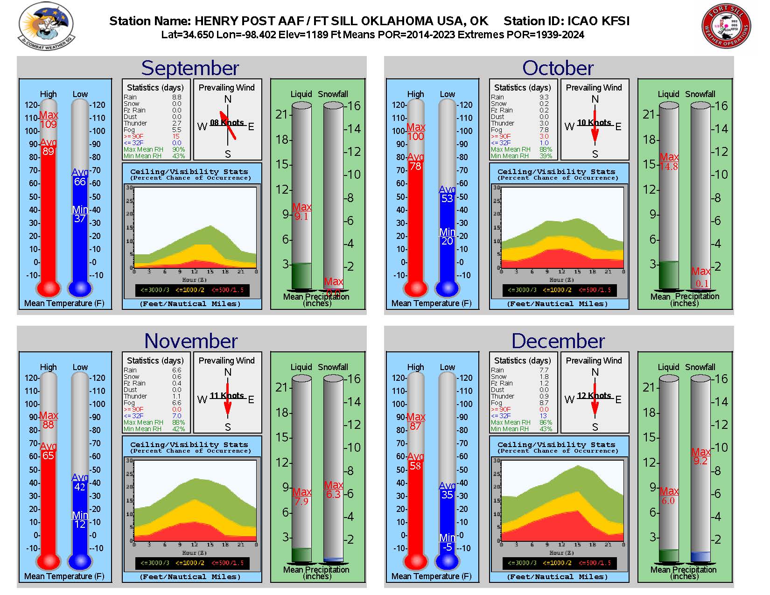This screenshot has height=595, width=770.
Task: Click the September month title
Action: pos(190,68)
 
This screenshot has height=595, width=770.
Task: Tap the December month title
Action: pos(558,341)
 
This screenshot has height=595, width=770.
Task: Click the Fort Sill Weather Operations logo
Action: pos(726,26)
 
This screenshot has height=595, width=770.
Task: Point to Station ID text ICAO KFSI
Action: pos(567,21)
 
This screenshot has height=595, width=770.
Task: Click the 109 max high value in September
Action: pos(48,124)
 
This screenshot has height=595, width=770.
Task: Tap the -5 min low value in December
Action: pos(447,547)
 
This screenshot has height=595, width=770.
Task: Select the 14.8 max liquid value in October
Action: pos(668,166)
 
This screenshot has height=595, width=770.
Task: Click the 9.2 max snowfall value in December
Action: pos(700,461)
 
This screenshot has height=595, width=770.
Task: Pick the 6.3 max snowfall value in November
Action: pos(333,494)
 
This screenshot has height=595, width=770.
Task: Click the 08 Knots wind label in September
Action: pos(227,123)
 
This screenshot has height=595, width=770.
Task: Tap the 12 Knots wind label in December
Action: pos(594,396)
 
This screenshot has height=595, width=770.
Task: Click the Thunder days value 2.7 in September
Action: pos(176,123)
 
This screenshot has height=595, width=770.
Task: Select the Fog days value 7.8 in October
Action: pos(544,130)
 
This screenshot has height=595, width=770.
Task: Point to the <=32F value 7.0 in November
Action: pos(176,416)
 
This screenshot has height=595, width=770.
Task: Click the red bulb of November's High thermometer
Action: pos(48,561)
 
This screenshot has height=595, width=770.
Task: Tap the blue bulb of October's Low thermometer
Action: pos(447,288)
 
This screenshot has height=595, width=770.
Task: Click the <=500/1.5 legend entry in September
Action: pos(227,290)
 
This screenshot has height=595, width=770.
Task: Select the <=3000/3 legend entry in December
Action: pos(522,563)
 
